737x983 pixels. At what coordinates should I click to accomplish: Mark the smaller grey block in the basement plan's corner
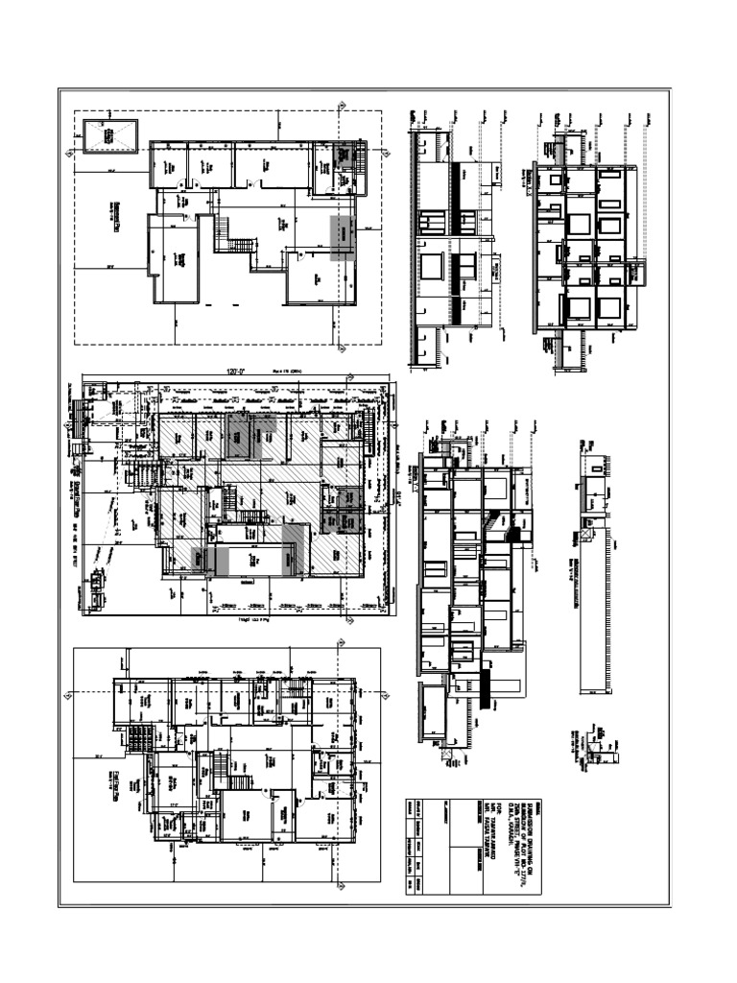tap(344, 153)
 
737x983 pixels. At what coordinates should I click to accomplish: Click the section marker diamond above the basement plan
tap(342, 108)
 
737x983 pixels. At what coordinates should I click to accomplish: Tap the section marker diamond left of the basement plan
tap(69, 153)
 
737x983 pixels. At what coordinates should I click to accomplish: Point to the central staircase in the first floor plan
tap(217, 770)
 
